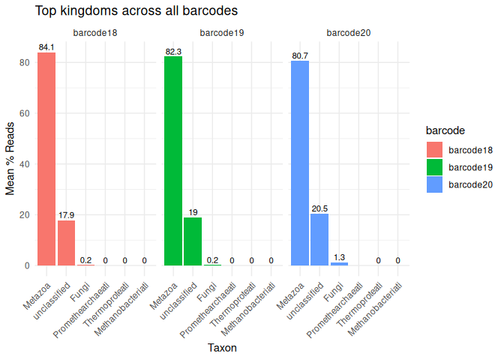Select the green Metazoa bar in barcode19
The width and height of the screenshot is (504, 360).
[173, 161]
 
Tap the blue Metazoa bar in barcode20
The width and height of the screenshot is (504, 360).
[300, 163]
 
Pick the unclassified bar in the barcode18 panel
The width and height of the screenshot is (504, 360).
[66, 242]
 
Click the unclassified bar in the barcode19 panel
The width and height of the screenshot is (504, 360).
[193, 241]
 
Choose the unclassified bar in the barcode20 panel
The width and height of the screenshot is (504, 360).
[319, 239]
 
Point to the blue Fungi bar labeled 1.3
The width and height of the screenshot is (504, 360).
[339, 263]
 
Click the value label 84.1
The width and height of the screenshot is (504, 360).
[46, 47]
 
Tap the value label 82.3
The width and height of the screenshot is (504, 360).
[173, 52]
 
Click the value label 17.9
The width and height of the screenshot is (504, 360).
[66, 216]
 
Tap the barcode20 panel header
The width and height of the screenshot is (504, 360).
[348, 33]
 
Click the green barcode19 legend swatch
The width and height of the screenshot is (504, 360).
[435, 166]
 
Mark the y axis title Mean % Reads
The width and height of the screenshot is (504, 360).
[11, 157]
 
